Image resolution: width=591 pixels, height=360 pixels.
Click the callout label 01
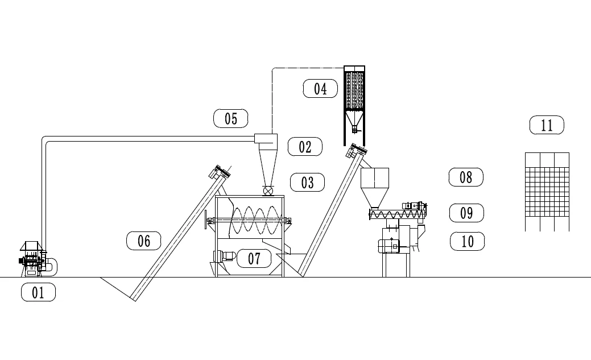coord(38,292)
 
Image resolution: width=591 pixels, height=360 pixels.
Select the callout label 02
coord(305,147)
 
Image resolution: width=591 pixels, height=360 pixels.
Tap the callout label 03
coord(307,183)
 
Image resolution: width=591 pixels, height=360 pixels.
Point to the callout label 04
coord(320,89)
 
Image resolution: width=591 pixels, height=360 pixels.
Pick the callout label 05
coord(230,118)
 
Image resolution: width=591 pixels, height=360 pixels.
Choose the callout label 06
coord(143,241)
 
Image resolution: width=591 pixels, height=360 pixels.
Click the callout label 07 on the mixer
coord(254,258)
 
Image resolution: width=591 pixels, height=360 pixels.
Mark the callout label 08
coord(466,177)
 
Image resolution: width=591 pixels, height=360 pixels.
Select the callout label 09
coord(466,213)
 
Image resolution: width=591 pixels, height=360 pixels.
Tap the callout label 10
coord(467,241)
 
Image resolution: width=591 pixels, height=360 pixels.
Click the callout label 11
coord(547,125)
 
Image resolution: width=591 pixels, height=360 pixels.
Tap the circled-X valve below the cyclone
coord(267,190)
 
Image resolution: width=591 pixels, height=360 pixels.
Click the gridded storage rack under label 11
coord(547,191)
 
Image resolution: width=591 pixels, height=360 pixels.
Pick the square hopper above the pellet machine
coord(375,179)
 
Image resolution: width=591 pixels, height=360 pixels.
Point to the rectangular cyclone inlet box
coord(265,138)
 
